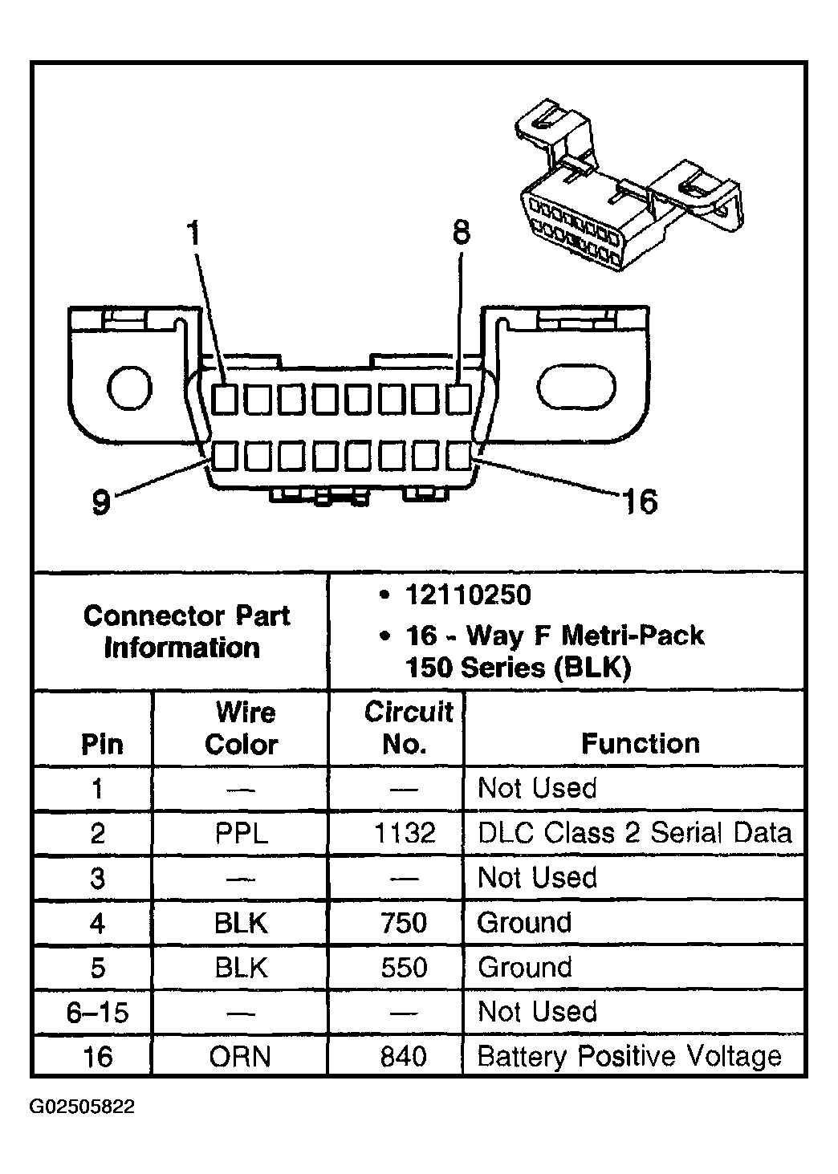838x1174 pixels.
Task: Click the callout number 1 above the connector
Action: pyautogui.click(x=193, y=234)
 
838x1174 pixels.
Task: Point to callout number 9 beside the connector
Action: pyautogui.click(x=100, y=502)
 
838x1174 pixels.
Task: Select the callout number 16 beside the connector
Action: pyautogui.click(x=640, y=502)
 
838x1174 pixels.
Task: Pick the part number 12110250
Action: pyautogui.click(x=468, y=595)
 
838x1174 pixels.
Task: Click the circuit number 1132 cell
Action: pyautogui.click(x=404, y=833)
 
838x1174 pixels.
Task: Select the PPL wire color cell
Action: pyautogui.click(x=241, y=833)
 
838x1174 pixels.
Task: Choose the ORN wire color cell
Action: pyautogui.click(x=241, y=1056)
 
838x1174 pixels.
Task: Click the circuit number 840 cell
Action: pyautogui.click(x=404, y=1056)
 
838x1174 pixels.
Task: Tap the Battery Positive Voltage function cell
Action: pyautogui.click(x=628, y=1056)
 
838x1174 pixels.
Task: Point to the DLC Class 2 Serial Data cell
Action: pyautogui.click(x=634, y=833)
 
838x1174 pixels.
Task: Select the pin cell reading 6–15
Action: pyautogui.click(x=97, y=1012)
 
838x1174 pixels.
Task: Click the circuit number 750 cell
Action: pyautogui.click(x=404, y=923)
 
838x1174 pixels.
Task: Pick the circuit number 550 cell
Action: pyautogui.click(x=404, y=967)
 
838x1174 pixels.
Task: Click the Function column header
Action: pyautogui.click(x=640, y=744)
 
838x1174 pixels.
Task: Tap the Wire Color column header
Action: pyautogui.click(x=242, y=728)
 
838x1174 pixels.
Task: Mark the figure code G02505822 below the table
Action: pyautogui.click(x=83, y=1107)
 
